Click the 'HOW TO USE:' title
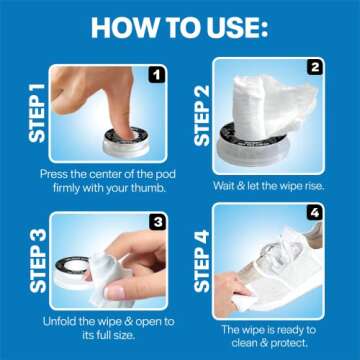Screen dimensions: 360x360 [x=180, y=24]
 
